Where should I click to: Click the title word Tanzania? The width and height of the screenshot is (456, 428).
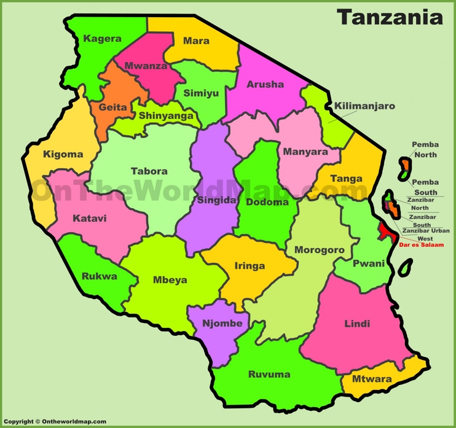pyautogui.click(x=390, y=17)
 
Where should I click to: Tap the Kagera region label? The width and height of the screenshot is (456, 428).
pyautogui.click(x=102, y=39)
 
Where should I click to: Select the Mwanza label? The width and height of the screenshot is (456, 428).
pyautogui.click(x=145, y=66)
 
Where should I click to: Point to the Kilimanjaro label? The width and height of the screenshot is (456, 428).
pyautogui.click(x=364, y=106)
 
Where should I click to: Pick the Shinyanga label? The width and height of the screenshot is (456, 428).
pyautogui.click(x=166, y=115)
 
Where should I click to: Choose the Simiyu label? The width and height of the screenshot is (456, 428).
pyautogui.click(x=200, y=93)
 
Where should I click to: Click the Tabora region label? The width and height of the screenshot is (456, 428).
pyautogui.click(x=149, y=171)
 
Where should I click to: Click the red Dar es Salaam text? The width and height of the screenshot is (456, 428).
pyautogui.click(x=421, y=245)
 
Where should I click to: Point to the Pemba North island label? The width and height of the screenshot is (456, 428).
pyautogui.click(x=425, y=150)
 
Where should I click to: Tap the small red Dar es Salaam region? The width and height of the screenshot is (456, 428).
pyautogui.click(x=385, y=232)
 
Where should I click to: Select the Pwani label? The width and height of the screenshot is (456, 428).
pyautogui.click(x=369, y=263)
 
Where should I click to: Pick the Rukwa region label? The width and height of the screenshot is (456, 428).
pyautogui.click(x=100, y=276)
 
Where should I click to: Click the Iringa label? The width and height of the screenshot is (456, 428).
pyautogui.click(x=250, y=266)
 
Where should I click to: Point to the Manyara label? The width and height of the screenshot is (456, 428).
pyautogui.click(x=305, y=152)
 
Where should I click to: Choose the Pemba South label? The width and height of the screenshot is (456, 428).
pyautogui.click(x=425, y=187)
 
